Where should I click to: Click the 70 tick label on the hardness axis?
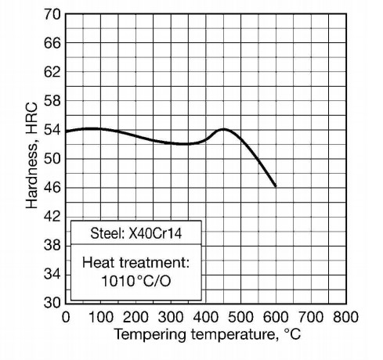pos(52,14)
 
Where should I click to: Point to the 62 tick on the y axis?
pos(52,72)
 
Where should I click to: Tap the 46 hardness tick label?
pos(52,188)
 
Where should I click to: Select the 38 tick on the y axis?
pos(52,245)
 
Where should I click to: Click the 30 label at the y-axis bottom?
pos(52,303)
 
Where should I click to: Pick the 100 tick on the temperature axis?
pos(101,318)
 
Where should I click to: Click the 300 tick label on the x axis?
pos(171,318)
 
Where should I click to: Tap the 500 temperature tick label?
pos(240,318)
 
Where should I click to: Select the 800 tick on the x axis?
pos(345,318)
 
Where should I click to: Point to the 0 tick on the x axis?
pos(66,318)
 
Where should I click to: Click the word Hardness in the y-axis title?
pos(32,175)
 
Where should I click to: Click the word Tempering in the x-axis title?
pos(150,335)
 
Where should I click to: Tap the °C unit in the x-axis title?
pos(292,334)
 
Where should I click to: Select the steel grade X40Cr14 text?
pos(155,233)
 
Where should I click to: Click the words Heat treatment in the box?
pos(135,262)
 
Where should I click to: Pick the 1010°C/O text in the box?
pos(136,281)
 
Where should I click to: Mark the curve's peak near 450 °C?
pos(223,129)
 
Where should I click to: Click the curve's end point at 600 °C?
pos(276,186)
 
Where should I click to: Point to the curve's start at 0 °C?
pos(67,131)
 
